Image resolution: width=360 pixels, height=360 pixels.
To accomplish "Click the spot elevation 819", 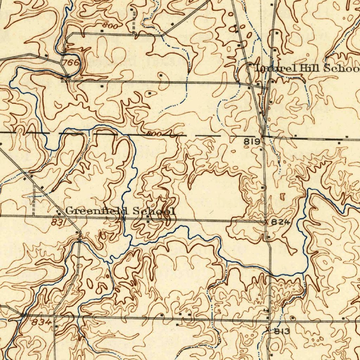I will (x=252, y=142).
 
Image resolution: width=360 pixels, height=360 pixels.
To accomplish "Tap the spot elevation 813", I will (x=282, y=331).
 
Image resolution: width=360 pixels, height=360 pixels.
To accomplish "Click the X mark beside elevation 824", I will (x=266, y=222).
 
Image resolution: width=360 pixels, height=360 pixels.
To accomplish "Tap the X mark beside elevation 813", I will (x=269, y=330).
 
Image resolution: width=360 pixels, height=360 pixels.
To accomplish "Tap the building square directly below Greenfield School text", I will (x=148, y=221).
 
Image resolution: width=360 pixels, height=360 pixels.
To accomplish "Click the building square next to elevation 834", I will (x=57, y=326).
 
